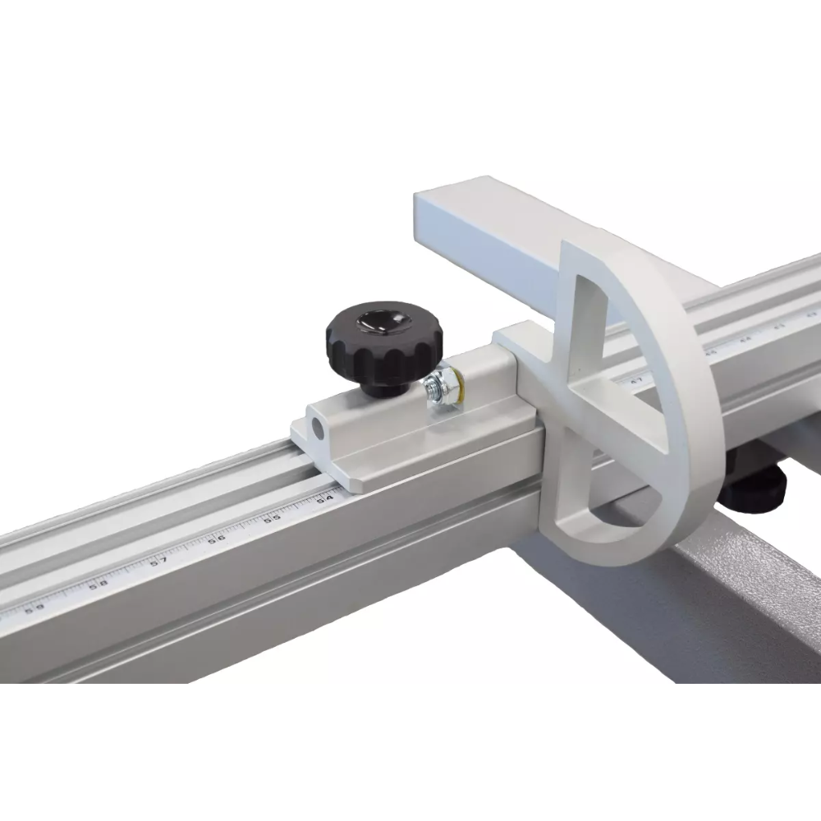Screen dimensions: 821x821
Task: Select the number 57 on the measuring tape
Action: click(160, 561)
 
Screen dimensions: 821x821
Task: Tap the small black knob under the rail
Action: click(753, 491)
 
